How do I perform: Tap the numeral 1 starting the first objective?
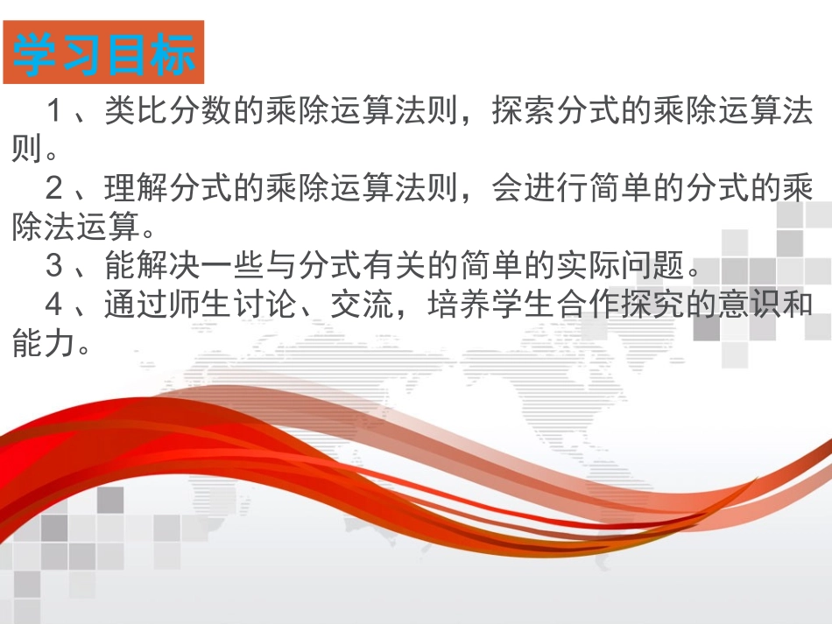pyautogui.click(x=54, y=111)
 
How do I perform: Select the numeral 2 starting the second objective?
pyautogui.click(x=54, y=188)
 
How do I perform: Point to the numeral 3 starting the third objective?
pyautogui.click(x=54, y=265)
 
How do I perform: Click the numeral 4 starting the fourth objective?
pyautogui.click(x=54, y=304)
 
